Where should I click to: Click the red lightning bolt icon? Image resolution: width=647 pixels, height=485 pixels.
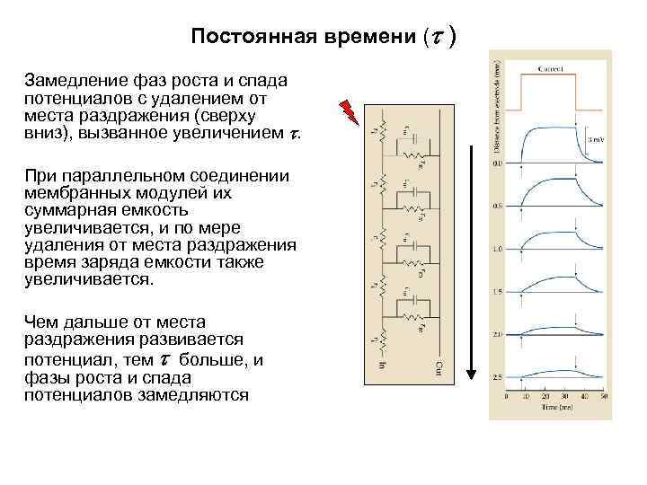349,111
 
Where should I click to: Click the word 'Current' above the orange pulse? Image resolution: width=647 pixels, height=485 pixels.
549,68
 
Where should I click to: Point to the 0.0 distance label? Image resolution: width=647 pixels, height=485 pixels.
497,163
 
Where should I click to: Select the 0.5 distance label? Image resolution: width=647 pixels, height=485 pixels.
497,206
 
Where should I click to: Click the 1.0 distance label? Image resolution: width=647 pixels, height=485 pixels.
497,248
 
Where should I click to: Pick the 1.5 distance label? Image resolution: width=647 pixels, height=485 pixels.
497,291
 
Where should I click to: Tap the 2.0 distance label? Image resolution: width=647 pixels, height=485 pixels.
497,334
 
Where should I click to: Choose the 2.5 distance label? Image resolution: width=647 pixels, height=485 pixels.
497,376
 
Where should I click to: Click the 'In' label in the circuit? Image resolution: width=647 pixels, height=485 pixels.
382,366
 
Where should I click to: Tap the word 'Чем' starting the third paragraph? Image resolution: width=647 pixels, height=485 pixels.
41,322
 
